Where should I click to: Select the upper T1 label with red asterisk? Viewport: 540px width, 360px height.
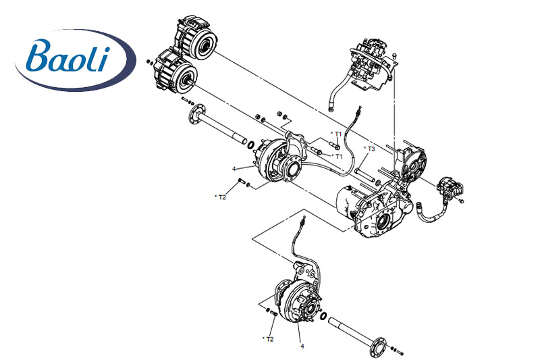point(337,134)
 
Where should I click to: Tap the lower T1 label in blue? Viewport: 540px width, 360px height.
point(338,156)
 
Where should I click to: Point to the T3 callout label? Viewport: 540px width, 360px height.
point(369,149)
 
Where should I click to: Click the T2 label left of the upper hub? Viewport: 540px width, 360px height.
point(221,197)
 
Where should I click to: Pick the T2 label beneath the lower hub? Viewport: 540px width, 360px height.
point(269,338)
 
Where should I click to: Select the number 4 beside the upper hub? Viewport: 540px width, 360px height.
point(234,168)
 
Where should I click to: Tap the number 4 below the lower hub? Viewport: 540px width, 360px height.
point(302,346)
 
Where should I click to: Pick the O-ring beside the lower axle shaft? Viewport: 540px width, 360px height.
point(325,316)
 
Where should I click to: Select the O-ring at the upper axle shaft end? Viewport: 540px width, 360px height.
point(250,144)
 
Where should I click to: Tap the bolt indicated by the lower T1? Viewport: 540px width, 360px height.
point(319,152)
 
